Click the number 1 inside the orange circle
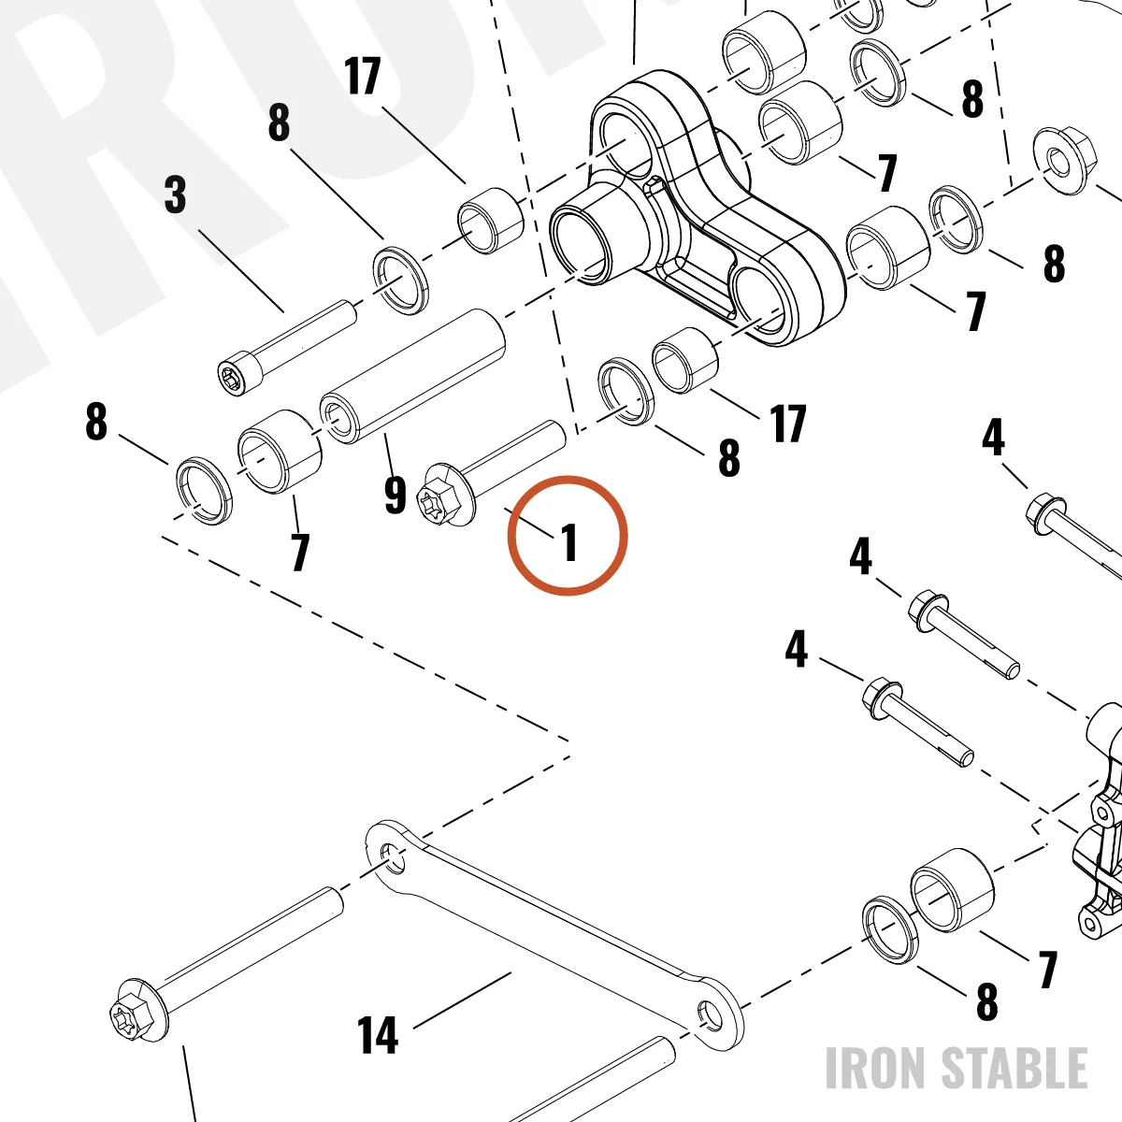568,542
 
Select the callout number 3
175,194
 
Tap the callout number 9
396,495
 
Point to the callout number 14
378,1035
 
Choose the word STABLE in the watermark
1014,1068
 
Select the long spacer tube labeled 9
412,376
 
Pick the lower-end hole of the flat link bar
709,1014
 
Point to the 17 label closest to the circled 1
788,424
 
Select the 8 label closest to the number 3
279,122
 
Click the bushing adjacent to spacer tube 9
280,452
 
